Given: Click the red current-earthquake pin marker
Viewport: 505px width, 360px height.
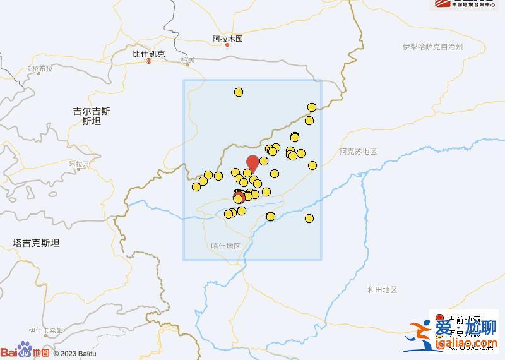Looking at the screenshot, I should pyautogui.click(x=252, y=162).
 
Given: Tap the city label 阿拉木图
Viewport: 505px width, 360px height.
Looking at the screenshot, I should pyautogui.click(x=227, y=39).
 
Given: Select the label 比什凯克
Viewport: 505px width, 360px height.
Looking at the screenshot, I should pyautogui.click(x=148, y=54).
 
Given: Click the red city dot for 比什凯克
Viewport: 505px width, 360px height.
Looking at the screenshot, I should pyautogui.click(x=149, y=61).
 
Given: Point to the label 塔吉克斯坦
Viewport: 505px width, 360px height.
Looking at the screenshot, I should pyautogui.click(x=36, y=243).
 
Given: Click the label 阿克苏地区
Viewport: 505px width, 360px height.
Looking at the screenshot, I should pyautogui.click(x=357, y=152).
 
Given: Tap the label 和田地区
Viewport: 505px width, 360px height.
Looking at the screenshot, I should pyautogui.click(x=382, y=289).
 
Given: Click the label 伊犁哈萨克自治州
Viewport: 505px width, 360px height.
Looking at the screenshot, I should pyautogui.click(x=432, y=47).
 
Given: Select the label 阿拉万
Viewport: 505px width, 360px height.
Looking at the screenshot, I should pyautogui.click(x=80, y=164).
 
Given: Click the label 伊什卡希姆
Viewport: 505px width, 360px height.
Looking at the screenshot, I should pyautogui.click(x=45, y=331).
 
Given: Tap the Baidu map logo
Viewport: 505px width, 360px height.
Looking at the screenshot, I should pyautogui.click(x=25, y=351).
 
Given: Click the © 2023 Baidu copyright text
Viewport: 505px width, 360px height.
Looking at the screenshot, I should pyautogui.click(x=74, y=353).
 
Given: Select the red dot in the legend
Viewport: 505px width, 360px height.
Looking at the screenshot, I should pyautogui.click(x=440, y=318).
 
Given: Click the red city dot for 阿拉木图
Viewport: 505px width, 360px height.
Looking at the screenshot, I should pyautogui.click(x=227, y=45).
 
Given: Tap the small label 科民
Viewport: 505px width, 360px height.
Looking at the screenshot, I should pyautogui.click(x=187, y=59).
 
